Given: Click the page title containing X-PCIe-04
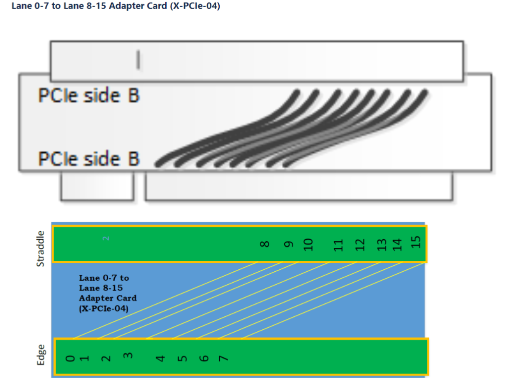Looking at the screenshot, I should click(115, 7).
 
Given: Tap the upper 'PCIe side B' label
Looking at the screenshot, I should click(89, 95).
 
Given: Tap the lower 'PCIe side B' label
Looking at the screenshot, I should click(89, 159).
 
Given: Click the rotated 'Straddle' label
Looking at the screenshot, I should click(41, 248).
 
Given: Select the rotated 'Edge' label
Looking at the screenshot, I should click(42, 356).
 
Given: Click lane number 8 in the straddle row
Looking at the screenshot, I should click(265, 244).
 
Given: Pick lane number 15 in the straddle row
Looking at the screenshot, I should click(415, 243).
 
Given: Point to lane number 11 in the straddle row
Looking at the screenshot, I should click(339, 244).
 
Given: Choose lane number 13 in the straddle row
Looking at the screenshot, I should click(382, 244).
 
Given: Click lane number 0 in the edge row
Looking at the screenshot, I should click(71, 358).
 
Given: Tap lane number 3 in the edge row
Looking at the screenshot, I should click(128, 355).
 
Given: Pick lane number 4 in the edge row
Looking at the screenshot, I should click(160, 358).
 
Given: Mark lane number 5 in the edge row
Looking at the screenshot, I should click(183, 358).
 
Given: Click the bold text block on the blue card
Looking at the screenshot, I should click(108, 293).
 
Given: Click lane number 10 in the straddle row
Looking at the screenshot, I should click(308, 244).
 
